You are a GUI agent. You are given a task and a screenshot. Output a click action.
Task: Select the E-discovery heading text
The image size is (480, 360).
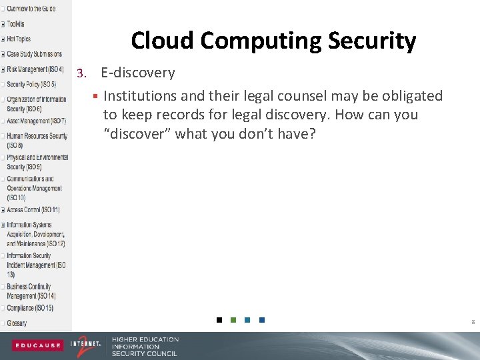tap(137, 73)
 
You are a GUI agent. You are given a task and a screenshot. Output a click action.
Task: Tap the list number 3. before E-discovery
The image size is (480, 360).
tap(82, 73)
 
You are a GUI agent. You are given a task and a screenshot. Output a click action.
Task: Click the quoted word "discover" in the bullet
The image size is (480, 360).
tap(137, 133)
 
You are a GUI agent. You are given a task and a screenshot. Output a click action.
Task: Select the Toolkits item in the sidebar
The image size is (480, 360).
tap(16, 24)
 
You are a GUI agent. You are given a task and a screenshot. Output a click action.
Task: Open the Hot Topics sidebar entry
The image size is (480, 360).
tap(19, 39)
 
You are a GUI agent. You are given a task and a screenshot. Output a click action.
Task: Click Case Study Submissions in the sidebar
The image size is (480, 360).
tap(34, 54)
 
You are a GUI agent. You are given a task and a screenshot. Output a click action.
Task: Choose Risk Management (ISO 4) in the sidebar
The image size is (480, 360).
tap(35, 69)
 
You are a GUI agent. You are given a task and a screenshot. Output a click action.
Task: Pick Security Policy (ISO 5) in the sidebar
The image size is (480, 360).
tap(31, 85)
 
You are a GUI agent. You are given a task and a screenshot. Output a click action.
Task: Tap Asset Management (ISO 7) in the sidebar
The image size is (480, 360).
tap(37, 121)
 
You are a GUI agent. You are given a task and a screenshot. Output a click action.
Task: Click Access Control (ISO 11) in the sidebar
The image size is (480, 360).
tap(33, 209)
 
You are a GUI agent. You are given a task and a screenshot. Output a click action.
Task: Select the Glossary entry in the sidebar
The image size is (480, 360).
tap(17, 323)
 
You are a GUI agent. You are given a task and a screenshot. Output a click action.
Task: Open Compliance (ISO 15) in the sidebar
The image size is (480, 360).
tap(30, 308)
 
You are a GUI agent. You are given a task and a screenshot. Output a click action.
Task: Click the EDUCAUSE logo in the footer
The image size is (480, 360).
tap(37, 345)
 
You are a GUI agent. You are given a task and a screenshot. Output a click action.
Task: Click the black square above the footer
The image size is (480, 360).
tap(219, 320)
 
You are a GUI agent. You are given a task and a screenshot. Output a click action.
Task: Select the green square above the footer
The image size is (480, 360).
tap(233, 320)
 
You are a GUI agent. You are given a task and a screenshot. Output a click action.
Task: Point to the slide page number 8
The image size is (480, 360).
tap(473, 322)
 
